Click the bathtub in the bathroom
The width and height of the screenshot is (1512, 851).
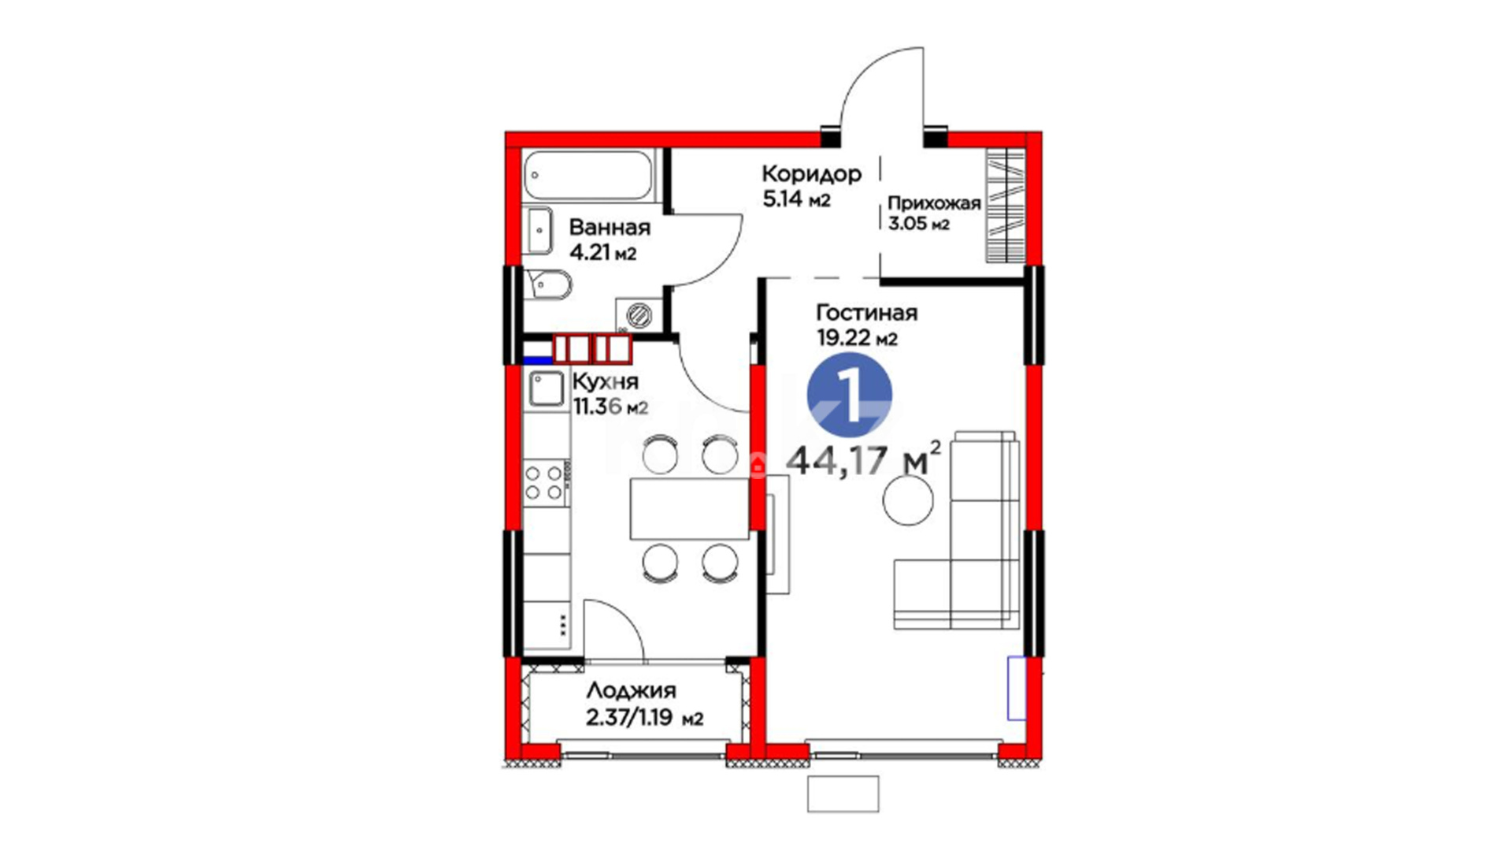coord(588,175)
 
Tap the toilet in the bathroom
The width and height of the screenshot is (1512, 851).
coord(548,284)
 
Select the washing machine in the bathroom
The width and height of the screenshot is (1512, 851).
coord(639,316)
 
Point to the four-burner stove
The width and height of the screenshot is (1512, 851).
coord(544,483)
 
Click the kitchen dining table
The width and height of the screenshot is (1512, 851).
coord(689,508)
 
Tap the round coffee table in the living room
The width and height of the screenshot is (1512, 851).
coord(908,500)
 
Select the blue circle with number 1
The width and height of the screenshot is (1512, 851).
coord(850,393)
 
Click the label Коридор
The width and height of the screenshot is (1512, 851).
coord(811,173)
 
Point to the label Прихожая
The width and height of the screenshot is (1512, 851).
coord(934,203)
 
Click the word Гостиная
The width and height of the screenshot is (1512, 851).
coord(867,313)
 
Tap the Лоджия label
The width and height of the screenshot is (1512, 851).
coord(632,691)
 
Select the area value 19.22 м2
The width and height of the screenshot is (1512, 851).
coord(858,338)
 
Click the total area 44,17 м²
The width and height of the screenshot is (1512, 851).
coord(864,460)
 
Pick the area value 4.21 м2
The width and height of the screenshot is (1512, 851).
coord(602,254)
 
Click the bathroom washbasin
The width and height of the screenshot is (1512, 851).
coord(539,230)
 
